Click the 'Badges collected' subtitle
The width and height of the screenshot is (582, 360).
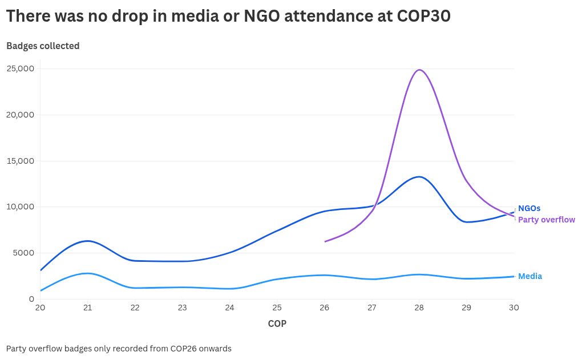[x=43, y=46]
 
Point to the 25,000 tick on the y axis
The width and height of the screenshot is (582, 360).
[x=21, y=68]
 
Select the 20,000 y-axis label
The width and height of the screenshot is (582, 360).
[x=21, y=115]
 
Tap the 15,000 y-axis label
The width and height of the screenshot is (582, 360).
[x=21, y=161]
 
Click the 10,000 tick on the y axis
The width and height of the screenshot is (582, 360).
[x=21, y=207]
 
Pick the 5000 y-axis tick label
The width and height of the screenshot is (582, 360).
[x=23, y=253]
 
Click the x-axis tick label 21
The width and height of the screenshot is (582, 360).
[x=87, y=308]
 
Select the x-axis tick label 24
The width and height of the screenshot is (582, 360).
[x=229, y=308]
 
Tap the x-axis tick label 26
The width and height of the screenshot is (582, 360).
[x=324, y=308]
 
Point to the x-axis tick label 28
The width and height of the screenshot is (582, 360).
[x=419, y=308]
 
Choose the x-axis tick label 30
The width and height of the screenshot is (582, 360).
[x=514, y=308]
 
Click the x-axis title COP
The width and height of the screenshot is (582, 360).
[x=277, y=324]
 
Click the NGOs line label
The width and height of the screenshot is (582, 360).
[x=529, y=208]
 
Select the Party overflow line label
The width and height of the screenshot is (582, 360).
[x=546, y=220]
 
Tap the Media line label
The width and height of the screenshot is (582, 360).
[x=530, y=276]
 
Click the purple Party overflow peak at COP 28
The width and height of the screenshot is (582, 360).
[x=419, y=70]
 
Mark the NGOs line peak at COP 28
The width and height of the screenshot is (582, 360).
[x=419, y=177]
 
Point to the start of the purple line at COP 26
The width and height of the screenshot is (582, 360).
[x=325, y=241]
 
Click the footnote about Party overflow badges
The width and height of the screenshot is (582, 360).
[x=119, y=348]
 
